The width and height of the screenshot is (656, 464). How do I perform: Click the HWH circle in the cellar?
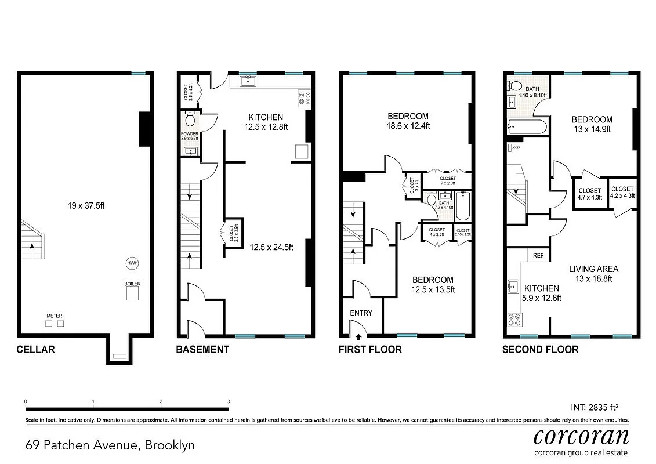(x=132, y=263)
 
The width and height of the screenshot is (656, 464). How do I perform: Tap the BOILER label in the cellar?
(x=132, y=284)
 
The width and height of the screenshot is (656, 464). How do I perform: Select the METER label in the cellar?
(x=55, y=316)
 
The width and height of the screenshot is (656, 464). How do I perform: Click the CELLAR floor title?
(x=35, y=349)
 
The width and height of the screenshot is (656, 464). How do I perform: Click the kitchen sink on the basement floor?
(x=249, y=81)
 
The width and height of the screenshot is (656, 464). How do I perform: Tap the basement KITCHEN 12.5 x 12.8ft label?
(x=263, y=122)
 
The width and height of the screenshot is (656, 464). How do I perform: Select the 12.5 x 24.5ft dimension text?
(x=271, y=247)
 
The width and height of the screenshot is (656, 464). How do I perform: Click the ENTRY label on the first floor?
(x=361, y=313)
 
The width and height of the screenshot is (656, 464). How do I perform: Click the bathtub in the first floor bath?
(x=462, y=205)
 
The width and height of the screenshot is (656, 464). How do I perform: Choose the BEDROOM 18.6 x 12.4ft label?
(x=408, y=121)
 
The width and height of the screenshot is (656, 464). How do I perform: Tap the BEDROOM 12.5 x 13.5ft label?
(x=433, y=284)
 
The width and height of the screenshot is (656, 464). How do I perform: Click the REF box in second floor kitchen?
(x=538, y=255)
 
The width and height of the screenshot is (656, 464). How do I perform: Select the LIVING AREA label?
(x=593, y=273)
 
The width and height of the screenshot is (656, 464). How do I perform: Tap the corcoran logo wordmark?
(x=581, y=436)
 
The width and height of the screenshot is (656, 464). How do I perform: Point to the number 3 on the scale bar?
(x=228, y=401)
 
